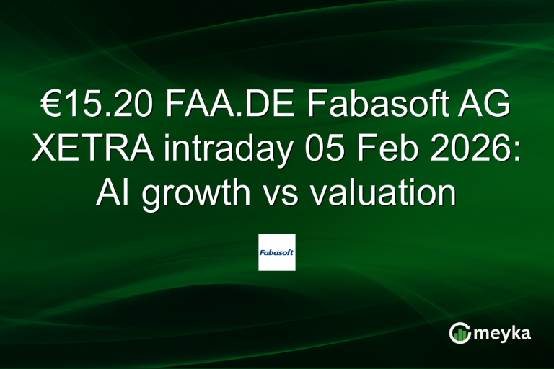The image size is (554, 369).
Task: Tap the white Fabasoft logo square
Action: point(277,252)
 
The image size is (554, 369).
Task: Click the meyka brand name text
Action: point(503,332)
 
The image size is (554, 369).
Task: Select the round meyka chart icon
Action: point(460,332)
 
